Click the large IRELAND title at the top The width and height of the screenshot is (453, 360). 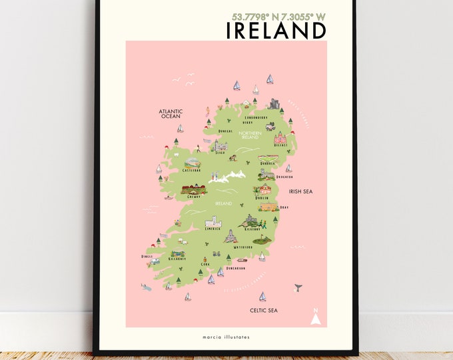pyautogui.click(x=276, y=30)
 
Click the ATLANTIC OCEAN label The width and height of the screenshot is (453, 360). pyautogui.click(x=170, y=114)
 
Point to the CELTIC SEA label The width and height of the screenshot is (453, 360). pyautogui.click(x=263, y=310)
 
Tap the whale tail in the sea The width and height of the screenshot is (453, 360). pyautogui.click(x=298, y=287)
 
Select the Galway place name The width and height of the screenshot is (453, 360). pyautogui.click(x=195, y=197)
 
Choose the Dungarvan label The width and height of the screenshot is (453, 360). pyautogui.click(x=234, y=268)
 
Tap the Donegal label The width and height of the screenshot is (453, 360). pyautogui.click(x=225, y=131)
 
